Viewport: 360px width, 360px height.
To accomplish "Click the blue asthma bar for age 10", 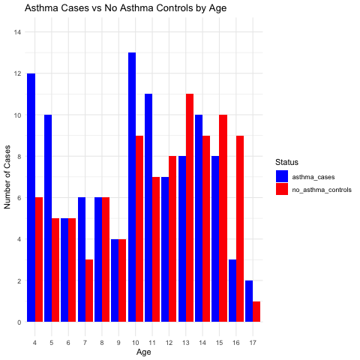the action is click(132, 187).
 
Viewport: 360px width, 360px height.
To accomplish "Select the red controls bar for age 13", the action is click(190, 208).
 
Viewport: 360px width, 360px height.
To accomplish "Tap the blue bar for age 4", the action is click(31, 198).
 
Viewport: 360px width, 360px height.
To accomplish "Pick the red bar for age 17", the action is click(256, 312).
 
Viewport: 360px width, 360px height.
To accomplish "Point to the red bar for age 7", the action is click(89, 291).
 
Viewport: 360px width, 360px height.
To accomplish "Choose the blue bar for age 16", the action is click(232, 291).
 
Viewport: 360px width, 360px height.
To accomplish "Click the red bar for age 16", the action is click(240, 229).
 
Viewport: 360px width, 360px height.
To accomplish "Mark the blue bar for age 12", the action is click(165, 250).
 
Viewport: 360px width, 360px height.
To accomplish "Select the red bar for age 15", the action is click(223, 218).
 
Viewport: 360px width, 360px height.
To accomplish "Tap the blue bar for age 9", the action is click(115, 280).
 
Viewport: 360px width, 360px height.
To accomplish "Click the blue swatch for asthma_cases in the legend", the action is click(282, 176).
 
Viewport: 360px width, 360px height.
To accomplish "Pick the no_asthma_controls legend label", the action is click(322, 190).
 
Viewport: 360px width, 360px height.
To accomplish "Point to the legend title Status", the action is click(286, 162).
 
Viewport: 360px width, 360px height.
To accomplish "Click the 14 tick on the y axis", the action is click(18, 32).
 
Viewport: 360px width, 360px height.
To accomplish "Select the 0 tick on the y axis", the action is click(19, 322).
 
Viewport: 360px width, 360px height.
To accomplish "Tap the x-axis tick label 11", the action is click(152, 343).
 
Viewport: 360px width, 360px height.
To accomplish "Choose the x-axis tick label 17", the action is click(253, 343).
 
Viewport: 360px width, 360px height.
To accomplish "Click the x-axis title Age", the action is click(144, 352).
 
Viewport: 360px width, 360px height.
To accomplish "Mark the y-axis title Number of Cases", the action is click(7, 177).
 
